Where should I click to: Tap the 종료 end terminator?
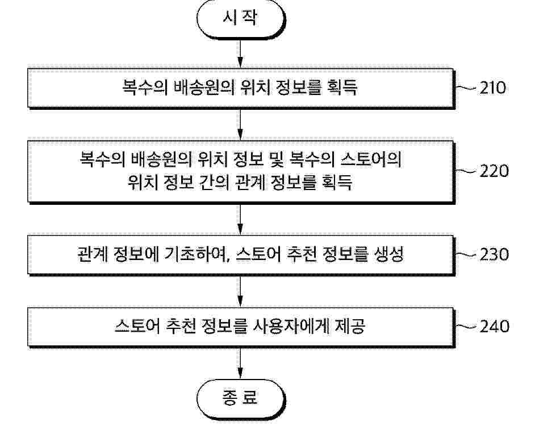coord(241,399)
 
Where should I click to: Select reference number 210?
coord(493,88)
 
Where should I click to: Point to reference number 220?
coord(494,171)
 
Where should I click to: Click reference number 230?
coord(494,254)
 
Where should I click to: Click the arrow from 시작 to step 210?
coord(240,53)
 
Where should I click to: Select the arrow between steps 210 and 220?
coord(240,125)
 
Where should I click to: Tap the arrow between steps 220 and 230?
coord(240,220)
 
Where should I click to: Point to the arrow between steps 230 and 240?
coord(240,291)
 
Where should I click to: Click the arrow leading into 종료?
coord(240,363)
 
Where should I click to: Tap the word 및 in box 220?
coord(277,160)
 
